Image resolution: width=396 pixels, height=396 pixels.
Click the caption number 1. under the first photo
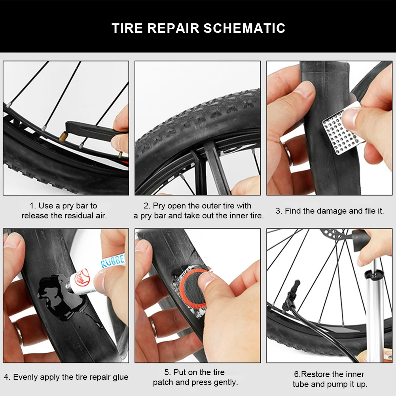pyautogui.click(x=33, y=206)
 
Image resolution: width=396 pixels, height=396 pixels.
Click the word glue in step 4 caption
pyautogui.click(x=120, y=377)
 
